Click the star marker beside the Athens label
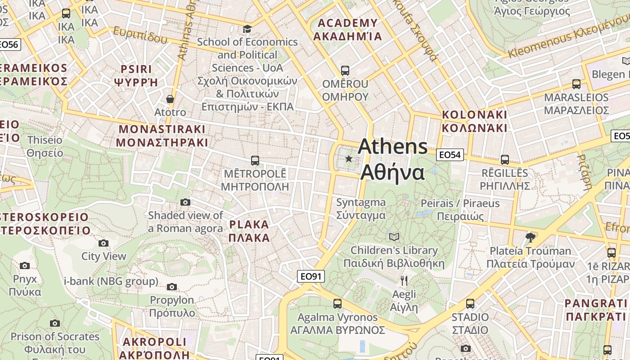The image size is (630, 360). pyautogui.click(x=349, y=158)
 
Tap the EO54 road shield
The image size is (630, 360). pyautogui.click(x=450, y=155)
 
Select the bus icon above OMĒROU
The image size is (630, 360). pyautogui.click(x=345, y=71)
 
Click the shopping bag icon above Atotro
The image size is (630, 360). pyautogui.click(x=170, y=99)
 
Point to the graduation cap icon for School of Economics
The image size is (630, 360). pyautogui.click(x=247, y=29)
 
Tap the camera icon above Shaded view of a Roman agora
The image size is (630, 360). pyautogui.click(x=185, y=202)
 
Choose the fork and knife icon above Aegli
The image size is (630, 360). pyautogui.click(x=404, y=281)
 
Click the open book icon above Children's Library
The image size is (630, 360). pyautogui.click(x=394, y=237)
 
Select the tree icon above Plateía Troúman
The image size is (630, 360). pyautogui.click(x=531, y=237)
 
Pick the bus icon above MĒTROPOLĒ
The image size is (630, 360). pyautogui.click(x=255, y=160)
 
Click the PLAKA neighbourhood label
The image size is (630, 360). pyautogui.click(x=249, y=231)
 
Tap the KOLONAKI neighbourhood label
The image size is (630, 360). pyautogui.click(x=474, y=121)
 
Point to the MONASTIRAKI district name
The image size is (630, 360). pyautogui.click(x=162, y=136)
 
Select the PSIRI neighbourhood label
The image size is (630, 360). pyautogui.click(x=136, y=76)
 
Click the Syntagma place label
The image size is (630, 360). pyautogui.click(x=361, y=209)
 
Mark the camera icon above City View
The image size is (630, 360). pyautogui.click(x=103, y=243)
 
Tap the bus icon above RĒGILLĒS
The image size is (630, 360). pyautogui.click(x=504, y=159)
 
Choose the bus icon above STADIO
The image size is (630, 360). pyautogui.click(x=470, y=304)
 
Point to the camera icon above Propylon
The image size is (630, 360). pyautogui.click(x=172, y=287)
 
